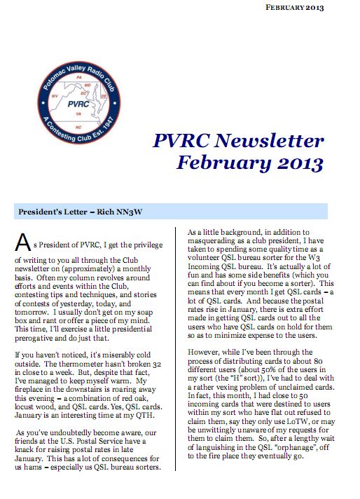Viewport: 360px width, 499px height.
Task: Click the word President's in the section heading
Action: pyautogui.click(x=42, y=210)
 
